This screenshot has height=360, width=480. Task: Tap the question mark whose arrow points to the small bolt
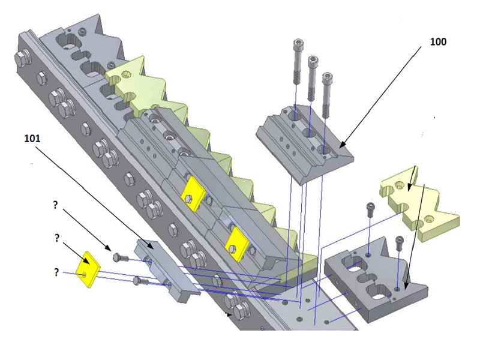[x=55, y=205]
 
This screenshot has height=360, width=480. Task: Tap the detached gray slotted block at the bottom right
[x=375, y=279]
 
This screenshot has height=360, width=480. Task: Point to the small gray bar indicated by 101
[x=162, y=269]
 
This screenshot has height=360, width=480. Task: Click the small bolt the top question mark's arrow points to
[x=120, y=257]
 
